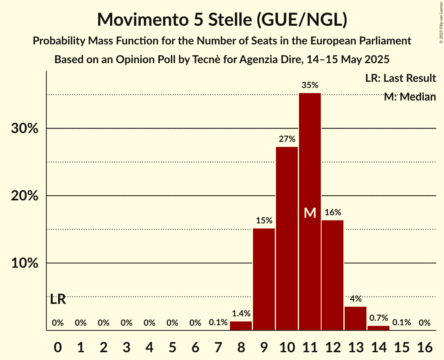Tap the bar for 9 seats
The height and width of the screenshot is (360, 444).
(264, 279)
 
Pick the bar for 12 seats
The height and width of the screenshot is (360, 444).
(333, 275)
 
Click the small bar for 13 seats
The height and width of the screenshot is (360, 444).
(356, 318)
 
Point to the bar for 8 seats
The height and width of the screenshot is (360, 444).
(241, 326)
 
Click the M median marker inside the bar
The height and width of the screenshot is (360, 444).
(310, 213)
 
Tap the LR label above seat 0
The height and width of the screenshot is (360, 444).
(58, 300)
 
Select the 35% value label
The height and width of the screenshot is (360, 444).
(310, 85)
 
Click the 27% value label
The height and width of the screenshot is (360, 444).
(287, 139)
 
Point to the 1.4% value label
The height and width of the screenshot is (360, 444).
(241, 313)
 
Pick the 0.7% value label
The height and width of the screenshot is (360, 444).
(379, 318)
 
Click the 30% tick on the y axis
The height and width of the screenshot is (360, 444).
(25, 129)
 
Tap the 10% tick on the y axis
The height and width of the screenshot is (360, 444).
(25, 263)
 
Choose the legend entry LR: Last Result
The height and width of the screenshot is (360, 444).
(400, 78)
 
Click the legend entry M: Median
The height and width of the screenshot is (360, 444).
(410, 97)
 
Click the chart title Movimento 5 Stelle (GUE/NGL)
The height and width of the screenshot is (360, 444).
(222, 19)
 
